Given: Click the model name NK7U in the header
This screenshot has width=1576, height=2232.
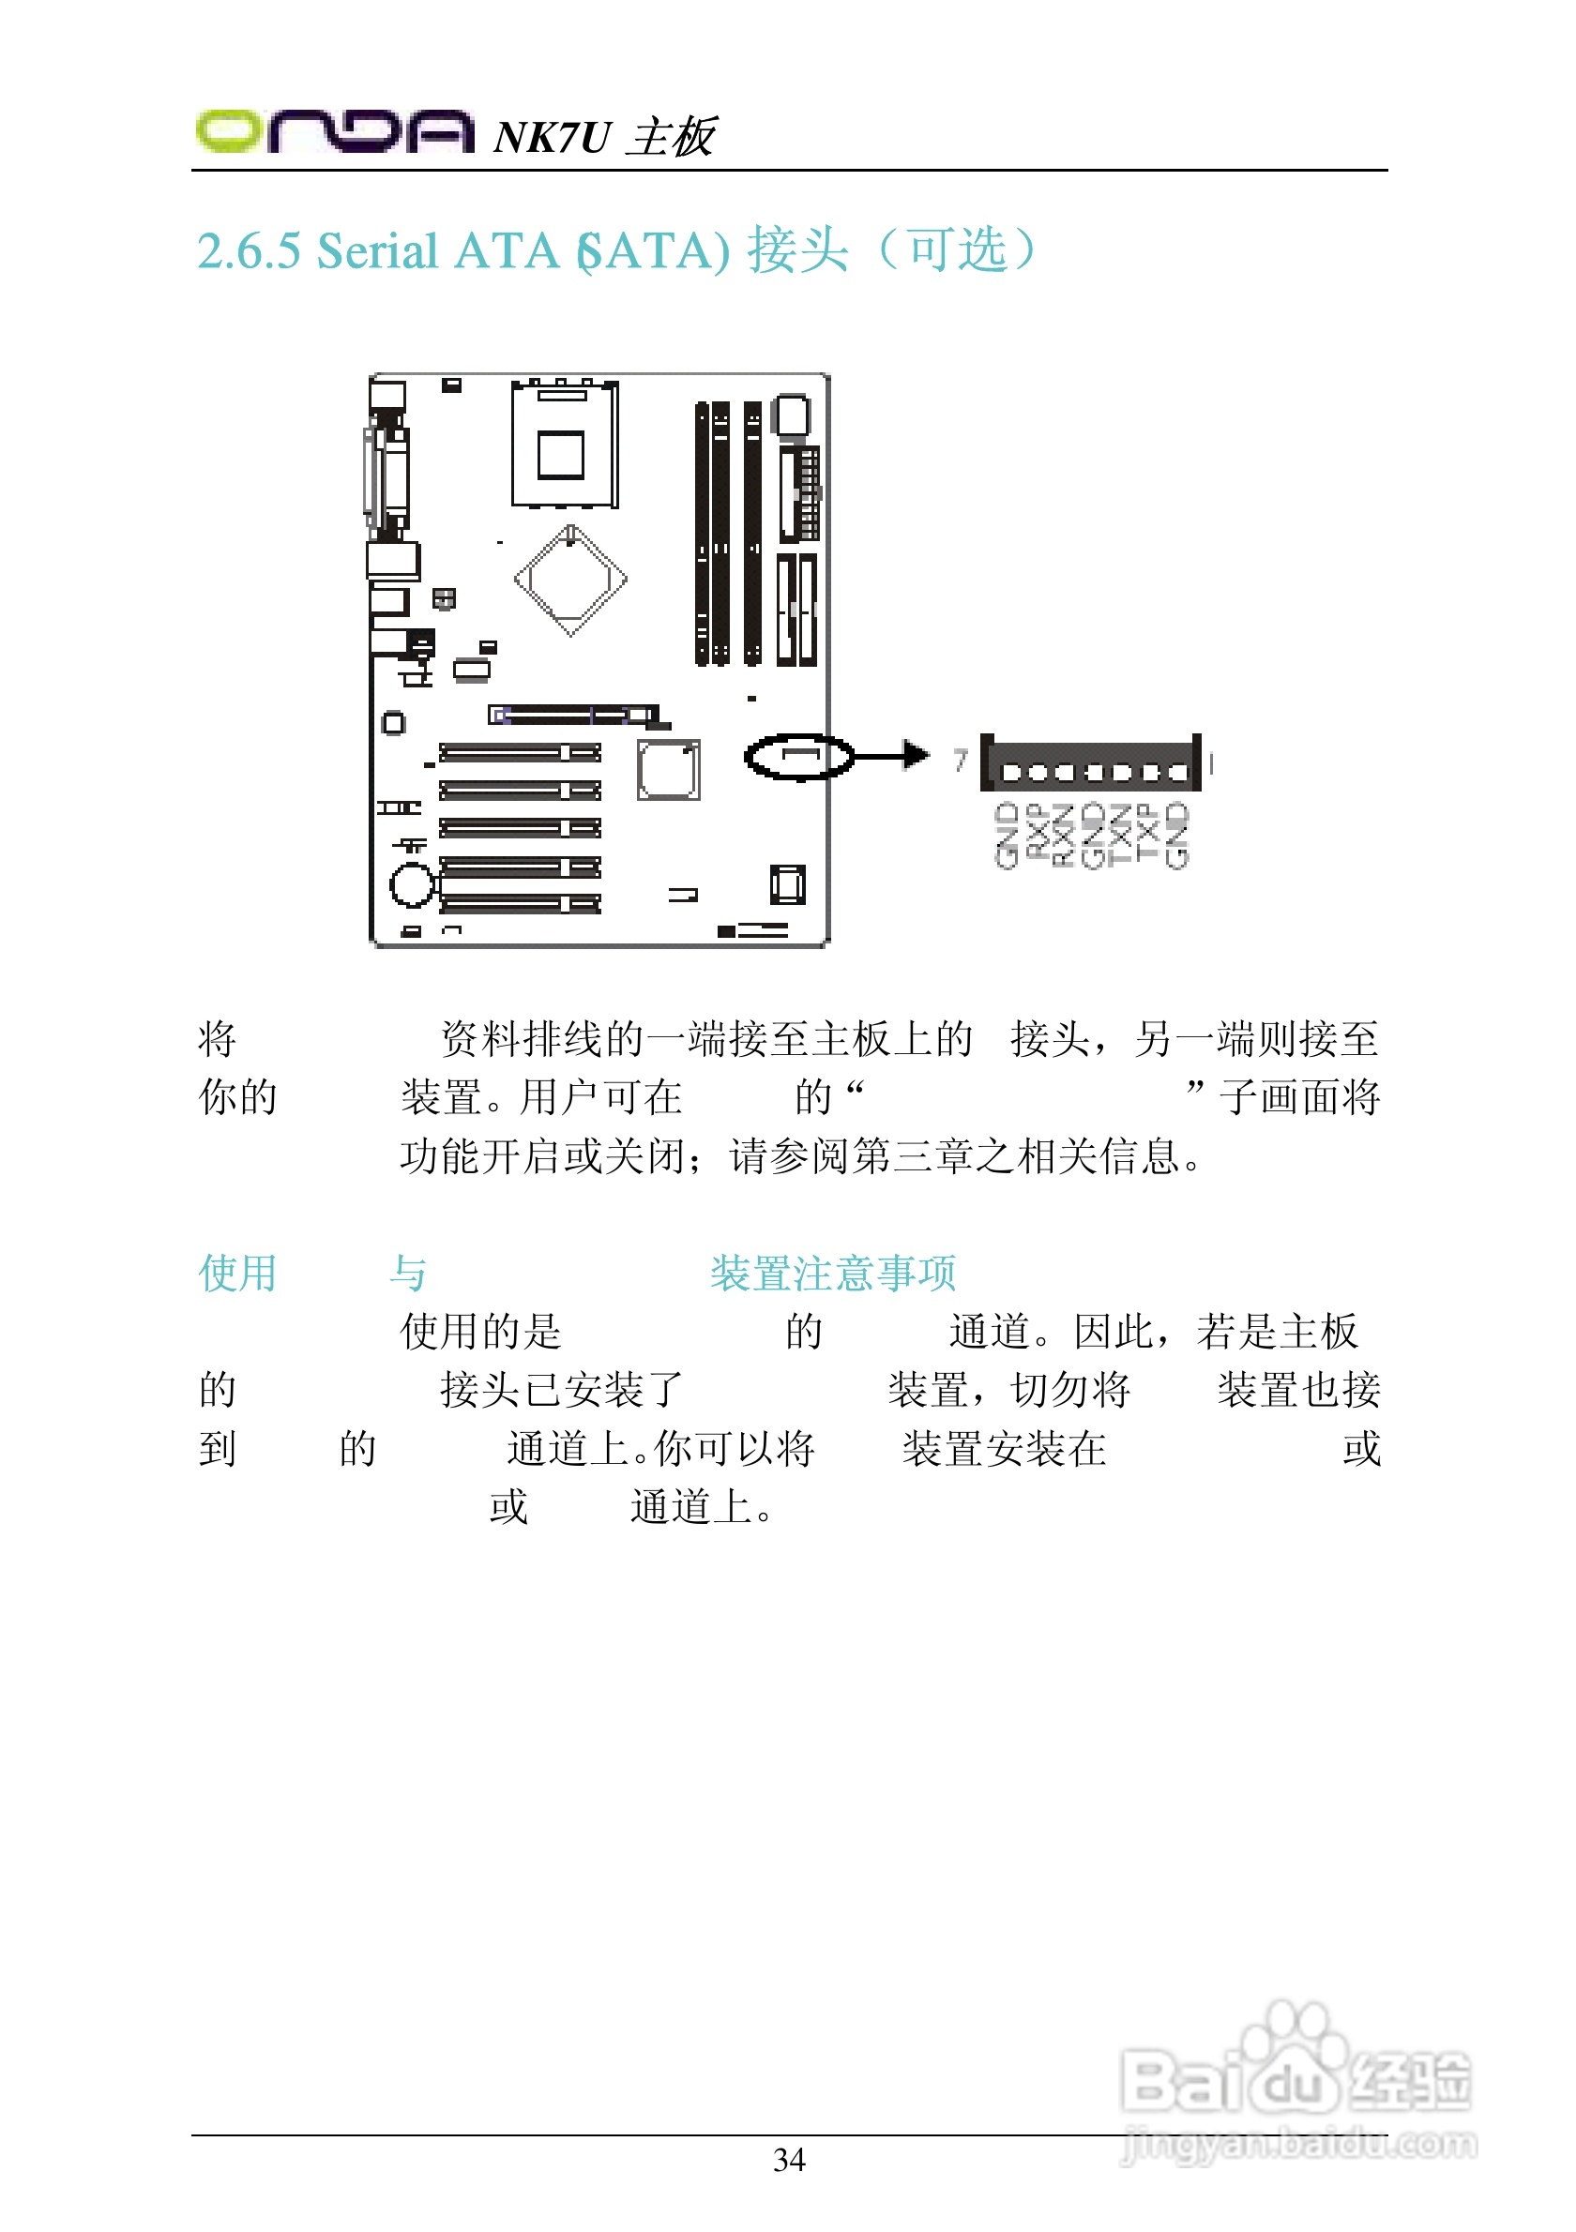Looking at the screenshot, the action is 552,137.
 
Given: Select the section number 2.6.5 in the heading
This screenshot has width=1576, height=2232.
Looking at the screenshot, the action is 249,250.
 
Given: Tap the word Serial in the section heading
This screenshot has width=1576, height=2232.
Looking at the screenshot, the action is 377,250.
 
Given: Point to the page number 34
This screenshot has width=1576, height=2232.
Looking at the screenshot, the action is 789,2159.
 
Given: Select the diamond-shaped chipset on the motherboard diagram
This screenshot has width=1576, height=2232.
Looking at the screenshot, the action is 570,581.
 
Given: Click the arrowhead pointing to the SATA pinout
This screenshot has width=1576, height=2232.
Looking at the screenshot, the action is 914,754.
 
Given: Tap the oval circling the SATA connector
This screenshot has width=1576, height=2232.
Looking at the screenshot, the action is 799,756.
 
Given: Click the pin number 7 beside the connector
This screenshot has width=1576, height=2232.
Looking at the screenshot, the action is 961,760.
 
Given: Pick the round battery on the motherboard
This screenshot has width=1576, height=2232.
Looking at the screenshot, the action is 412,884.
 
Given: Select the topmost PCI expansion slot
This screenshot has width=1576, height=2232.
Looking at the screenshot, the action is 519,751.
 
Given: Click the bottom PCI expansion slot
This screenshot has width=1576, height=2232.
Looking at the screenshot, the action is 519,904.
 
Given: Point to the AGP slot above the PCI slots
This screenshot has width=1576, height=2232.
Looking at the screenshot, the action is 573,716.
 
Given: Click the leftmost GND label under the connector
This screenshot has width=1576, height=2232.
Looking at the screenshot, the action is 1007,835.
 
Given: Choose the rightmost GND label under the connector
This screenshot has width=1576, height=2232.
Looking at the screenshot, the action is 1176,835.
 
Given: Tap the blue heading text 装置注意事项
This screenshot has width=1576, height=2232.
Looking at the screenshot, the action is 833,1273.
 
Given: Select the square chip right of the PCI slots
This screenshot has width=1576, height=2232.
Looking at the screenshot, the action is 668,770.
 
